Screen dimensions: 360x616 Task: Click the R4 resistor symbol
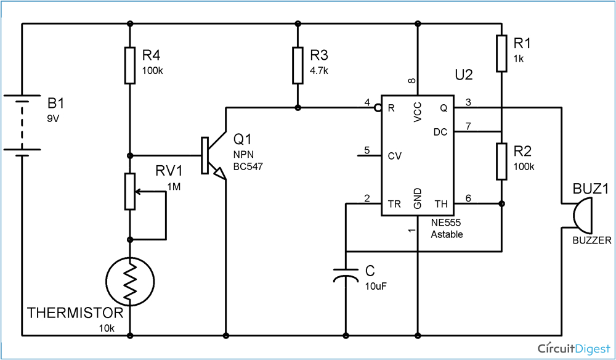(129, 65)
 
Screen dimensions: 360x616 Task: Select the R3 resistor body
(298, 65)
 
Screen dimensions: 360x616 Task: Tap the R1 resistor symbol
(502, 54)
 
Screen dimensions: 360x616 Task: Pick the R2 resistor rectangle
(502, 162)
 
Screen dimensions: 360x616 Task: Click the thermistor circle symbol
(129, 280)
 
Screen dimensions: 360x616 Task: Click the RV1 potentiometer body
(129, 192)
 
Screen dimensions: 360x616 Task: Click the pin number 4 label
(367, 102)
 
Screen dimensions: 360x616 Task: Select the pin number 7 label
(468, 126)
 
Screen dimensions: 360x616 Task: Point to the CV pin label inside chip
(395, 156)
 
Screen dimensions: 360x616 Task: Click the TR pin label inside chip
(394, 204)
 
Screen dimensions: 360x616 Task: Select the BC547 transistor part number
(248, 166)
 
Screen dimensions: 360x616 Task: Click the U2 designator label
(463, 75)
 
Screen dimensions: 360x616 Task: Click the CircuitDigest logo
(573, 348)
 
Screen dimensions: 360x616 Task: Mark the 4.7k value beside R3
(319, 71)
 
